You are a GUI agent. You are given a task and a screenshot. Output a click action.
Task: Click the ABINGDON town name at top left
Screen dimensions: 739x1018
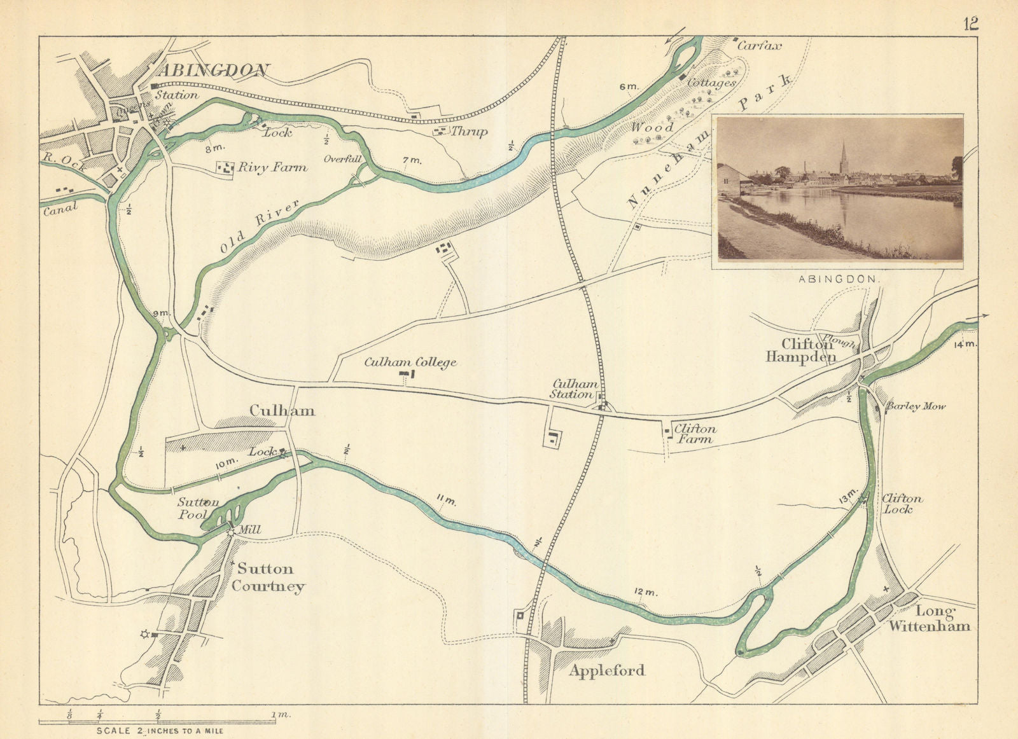click(x=213, y=71)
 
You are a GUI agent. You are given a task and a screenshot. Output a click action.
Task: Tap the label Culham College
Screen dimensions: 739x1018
click(x=410, y=363)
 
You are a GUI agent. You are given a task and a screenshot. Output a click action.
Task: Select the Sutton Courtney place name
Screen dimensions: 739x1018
click(x=267, y=577)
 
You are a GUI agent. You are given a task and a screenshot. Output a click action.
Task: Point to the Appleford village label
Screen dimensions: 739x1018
click(x=607, y=670)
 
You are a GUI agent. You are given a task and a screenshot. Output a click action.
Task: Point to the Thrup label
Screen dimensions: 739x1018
click(x=470, y=132)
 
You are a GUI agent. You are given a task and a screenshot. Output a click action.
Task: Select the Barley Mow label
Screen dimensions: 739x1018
click(x=916, y=406)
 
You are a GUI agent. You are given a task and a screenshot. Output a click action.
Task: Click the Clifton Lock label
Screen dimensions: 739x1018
click(x=902, y=504)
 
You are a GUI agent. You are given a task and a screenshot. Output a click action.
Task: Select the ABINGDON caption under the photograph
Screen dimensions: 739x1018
click(x=839, y=279)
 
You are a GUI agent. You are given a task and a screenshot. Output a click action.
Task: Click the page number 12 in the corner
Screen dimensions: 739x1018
click(x=970, y=24)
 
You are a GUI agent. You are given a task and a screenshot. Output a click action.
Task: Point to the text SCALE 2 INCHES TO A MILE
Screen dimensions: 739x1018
click(x=160, y=731)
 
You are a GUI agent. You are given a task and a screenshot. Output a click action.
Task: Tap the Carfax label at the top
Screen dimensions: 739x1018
click(x=758, y=46)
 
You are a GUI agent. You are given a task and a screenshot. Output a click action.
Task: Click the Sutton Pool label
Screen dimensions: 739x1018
click(x=198, y=508)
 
